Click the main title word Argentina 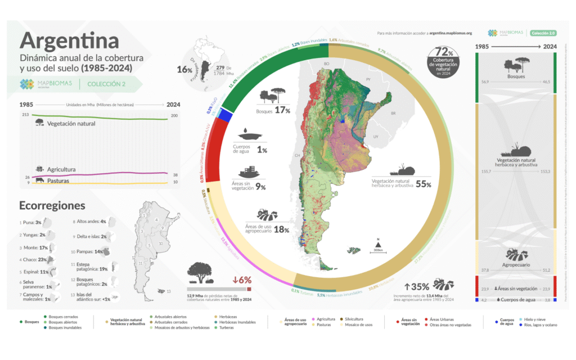[69, 40]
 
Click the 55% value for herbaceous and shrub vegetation [423, 184]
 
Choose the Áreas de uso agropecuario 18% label [267, 227]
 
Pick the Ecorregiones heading [52, 206]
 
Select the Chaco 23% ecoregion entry [34, 260]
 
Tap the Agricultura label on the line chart [61, 169]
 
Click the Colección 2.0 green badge [543, 33]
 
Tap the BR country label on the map [393, 114]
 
